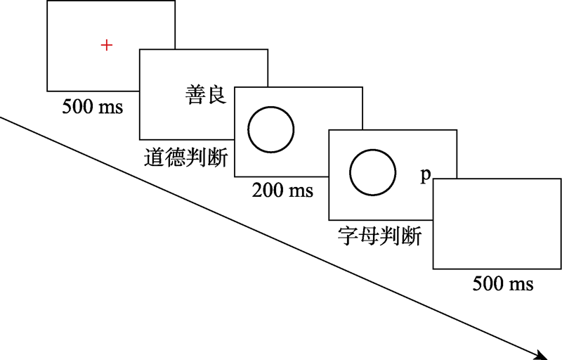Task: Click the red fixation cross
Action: (106, 46)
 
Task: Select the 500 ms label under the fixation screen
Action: (92, 108)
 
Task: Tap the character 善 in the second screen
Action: (196, 96)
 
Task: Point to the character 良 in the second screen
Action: (217, 96)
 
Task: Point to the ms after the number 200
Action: (298, 191)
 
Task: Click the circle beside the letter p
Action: (372, 172)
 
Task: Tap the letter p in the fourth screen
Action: (425, 176)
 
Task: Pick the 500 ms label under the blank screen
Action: (502, 284)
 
